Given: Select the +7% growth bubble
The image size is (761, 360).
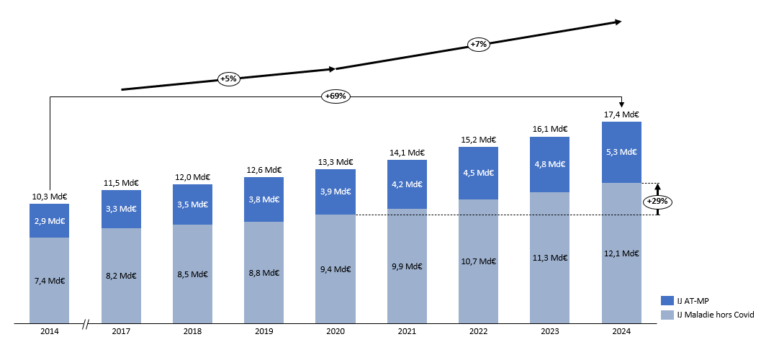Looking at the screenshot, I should pyautogui.click(x=479, y=44).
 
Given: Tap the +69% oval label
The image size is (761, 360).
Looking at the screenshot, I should pyautogui.click(x=336, y=96).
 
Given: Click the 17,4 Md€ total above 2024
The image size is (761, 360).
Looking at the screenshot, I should pyautogui.click(x=621, y=114).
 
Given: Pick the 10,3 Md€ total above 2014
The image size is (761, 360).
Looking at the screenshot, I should pyautogui.click(x=50, y=196).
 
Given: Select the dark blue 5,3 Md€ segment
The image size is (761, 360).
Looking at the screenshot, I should pyautogui.click(x=621, y=152).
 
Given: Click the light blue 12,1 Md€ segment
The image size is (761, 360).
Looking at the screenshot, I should pyautogui.click(x=621, y=253).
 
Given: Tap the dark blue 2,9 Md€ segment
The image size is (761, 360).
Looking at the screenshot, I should pyautogui.click(x=50, y=220).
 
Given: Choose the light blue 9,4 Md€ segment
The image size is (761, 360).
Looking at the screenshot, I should pyautogui.click(x=336, y=269).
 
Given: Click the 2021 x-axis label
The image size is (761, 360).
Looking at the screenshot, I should pyautogui.click(x=407, y=333).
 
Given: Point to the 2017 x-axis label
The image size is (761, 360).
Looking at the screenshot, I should pyautogui.click(x=121, y=333).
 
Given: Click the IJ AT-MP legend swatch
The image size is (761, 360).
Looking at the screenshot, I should pyautogui.click(x=666, y=301).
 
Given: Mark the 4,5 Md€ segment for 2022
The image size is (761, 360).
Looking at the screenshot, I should pyautogui.click(x=479, y=173).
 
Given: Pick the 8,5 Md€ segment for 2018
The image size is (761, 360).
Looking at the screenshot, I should pyautogui.click(x=192, y=274).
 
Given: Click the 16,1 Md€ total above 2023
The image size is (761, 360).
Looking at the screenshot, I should pyautogui.click(x=550, y=129).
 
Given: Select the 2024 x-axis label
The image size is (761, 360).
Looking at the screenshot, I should pyautogui.click(x=621, y=333).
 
